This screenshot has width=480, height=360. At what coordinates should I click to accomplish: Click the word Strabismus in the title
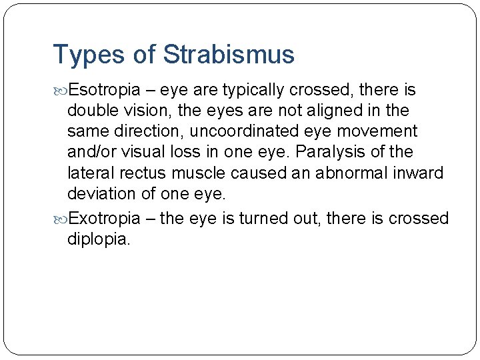pyautogui.click(x=229, y=55)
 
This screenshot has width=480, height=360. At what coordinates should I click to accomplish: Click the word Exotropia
pyautogui.click(x=105, y=219)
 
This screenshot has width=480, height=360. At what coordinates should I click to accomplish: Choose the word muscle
pyautogui.click(x=199, y=173)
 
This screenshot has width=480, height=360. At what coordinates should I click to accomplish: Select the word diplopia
pyautogui.click(x=99, y=239)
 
